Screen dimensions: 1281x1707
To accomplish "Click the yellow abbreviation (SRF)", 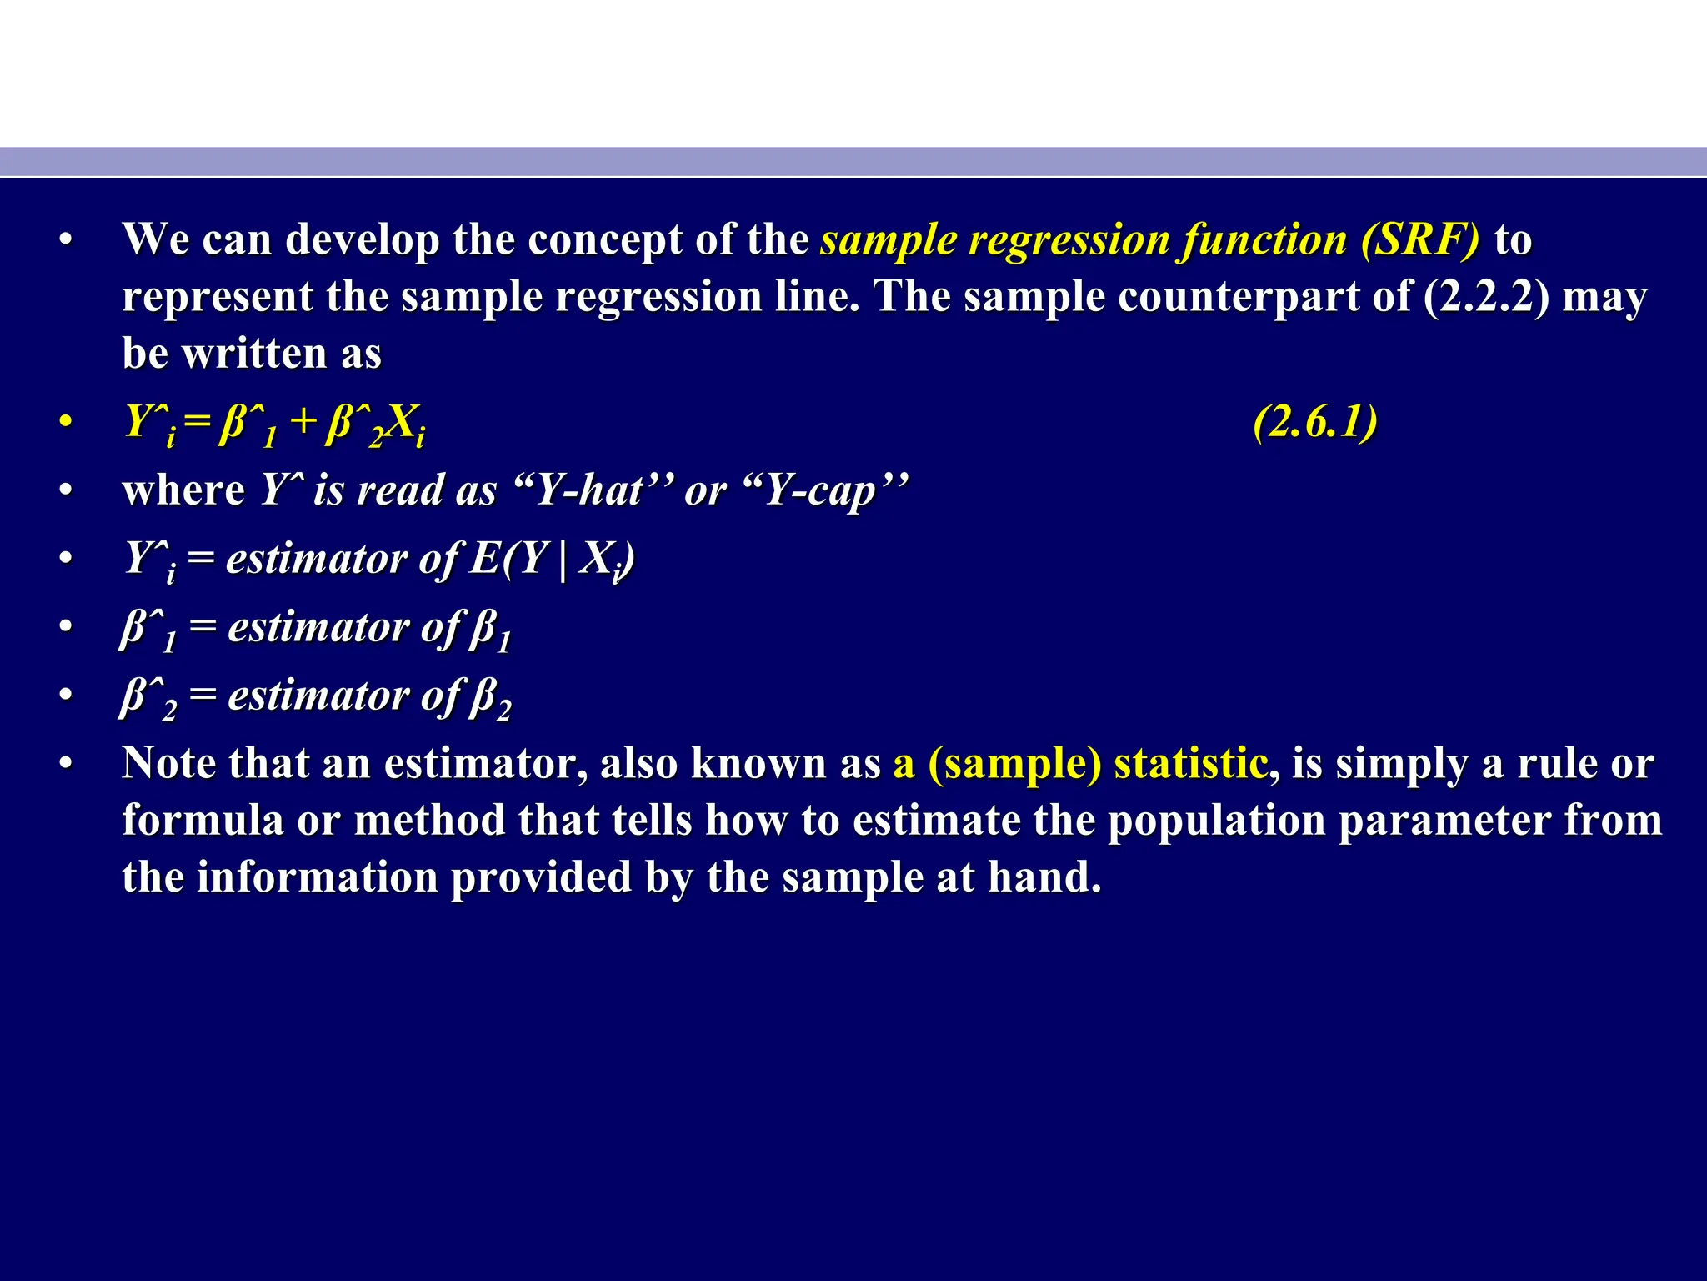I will click(x=1420, y=240).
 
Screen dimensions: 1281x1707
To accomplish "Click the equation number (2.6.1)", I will click(x=1315, y=422).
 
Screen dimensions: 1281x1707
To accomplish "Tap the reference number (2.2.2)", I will click(x=1487, y=297).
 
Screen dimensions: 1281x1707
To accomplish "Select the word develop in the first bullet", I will click(x=362, y=240).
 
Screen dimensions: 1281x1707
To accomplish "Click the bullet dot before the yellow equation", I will click(x=66, y=422).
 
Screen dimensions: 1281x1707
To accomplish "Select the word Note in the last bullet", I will click(x=169, y=764).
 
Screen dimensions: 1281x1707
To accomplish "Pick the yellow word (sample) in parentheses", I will click(x=1014, y=764).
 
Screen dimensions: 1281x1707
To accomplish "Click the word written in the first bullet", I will click(x=253, y=354).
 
